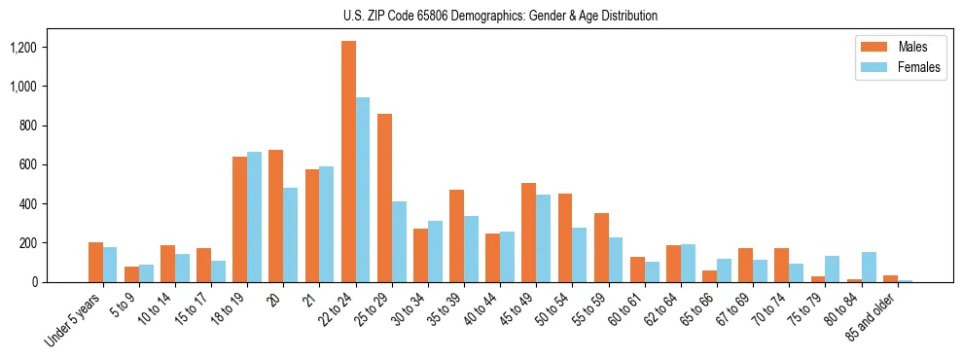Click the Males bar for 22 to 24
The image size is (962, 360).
tap(348, 162)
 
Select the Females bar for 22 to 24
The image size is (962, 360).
tap(363, 190)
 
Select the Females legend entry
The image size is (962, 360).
tap(918, 68)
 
